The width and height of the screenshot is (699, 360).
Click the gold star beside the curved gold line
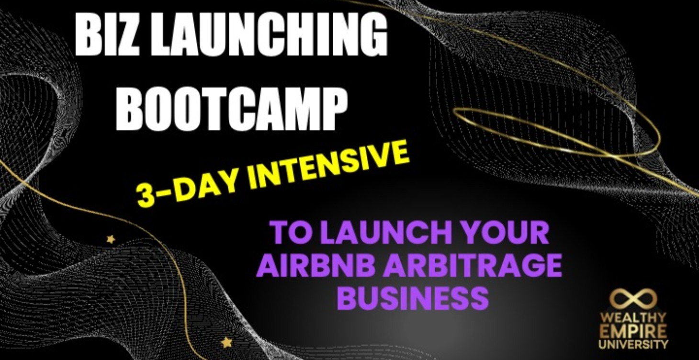[x=111, y=238]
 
